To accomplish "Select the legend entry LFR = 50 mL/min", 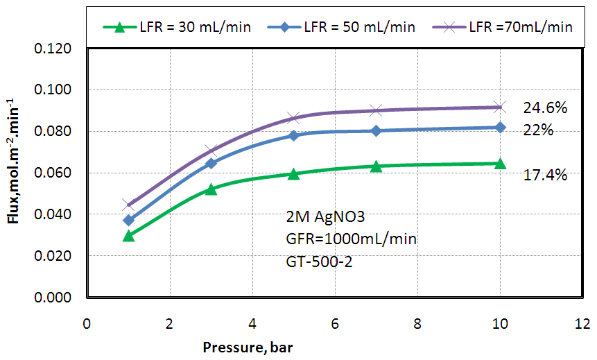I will click(359, 27).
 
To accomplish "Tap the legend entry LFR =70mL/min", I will click(520, 27).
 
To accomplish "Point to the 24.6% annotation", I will click(546, 108).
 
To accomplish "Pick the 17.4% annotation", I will click(546, 175).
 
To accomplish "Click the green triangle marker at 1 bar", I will click(128, 236).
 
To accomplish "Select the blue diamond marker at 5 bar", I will click(294, 135).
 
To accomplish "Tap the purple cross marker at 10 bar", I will click(501, 107).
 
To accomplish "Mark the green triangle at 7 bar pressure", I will click(377, 166).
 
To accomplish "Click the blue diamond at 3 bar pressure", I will click(211, 163).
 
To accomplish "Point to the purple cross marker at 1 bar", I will click(128, 205).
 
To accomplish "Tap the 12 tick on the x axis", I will click(583, 323).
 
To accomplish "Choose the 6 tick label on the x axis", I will click(335, 323).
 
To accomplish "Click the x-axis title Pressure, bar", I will click(248, 346).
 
